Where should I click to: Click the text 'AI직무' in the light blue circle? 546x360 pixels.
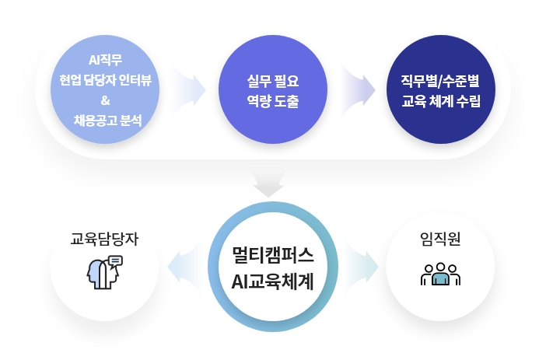click(105, 60)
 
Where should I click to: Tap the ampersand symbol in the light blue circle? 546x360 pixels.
click(106, 100)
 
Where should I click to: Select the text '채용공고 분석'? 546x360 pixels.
click(107, 121)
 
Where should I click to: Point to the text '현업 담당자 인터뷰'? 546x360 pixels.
click(105, 80)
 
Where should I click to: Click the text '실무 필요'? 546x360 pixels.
click(273, 81)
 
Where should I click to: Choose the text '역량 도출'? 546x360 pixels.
click(273, 101)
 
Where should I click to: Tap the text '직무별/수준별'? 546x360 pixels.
click(440, 81)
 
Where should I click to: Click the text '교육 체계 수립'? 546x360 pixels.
click(441, 101)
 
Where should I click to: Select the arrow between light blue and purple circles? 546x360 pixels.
click(189, 90)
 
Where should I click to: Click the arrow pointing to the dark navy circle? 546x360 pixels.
click(358, 90)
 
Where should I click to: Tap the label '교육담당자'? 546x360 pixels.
click(104, 239)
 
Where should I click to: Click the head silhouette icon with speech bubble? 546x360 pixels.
click(104, 272)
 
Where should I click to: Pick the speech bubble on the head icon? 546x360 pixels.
click(116, 260)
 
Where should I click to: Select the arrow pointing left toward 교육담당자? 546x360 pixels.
click(184, 267)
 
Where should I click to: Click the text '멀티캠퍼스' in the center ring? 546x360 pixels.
click(273, 255)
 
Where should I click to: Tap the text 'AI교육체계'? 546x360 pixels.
click(273, 281)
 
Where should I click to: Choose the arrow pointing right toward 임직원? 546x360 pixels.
click(362, 267)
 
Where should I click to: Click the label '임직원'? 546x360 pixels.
click(440, 239)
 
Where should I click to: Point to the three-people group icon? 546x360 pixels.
click(440, 274)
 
